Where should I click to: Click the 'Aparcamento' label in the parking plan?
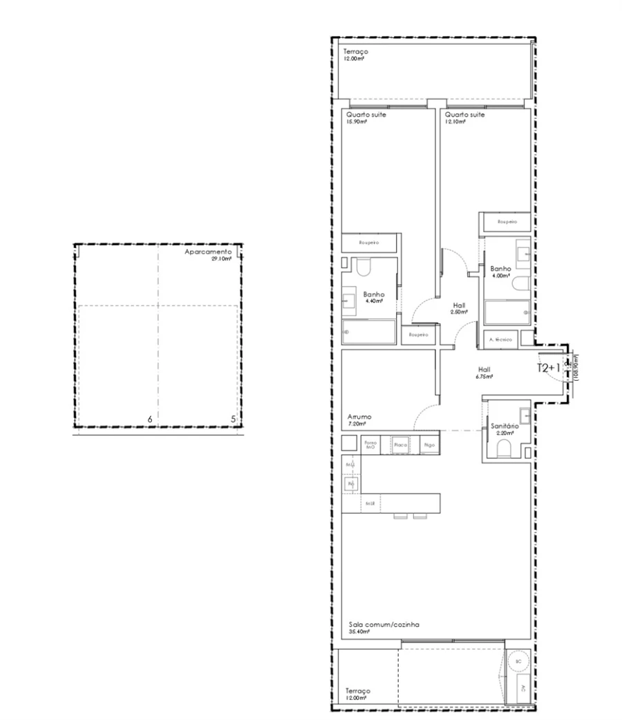207,253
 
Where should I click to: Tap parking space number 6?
150,419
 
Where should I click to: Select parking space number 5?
233,419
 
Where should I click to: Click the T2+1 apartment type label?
549,368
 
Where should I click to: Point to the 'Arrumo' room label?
360,417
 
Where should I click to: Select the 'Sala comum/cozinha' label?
384,624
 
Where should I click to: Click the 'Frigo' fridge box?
429,446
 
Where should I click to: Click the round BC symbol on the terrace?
519,661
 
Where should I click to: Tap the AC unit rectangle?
522,688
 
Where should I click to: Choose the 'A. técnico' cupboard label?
500,339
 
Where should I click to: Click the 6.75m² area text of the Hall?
484,377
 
